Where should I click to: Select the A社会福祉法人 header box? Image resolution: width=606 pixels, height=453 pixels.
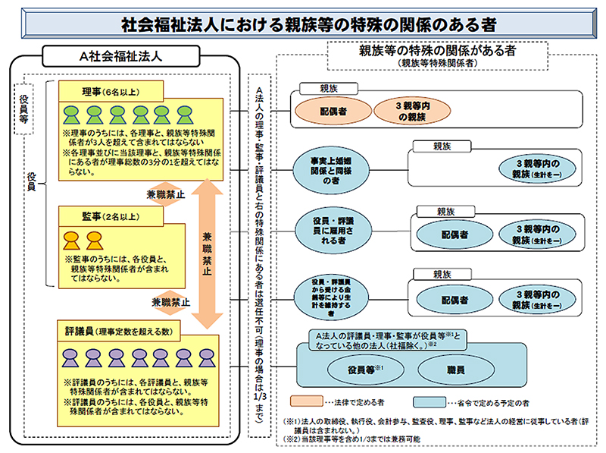click(x=130, y=56)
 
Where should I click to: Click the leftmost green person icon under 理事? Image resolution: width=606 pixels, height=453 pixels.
click(x=72, y=115)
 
